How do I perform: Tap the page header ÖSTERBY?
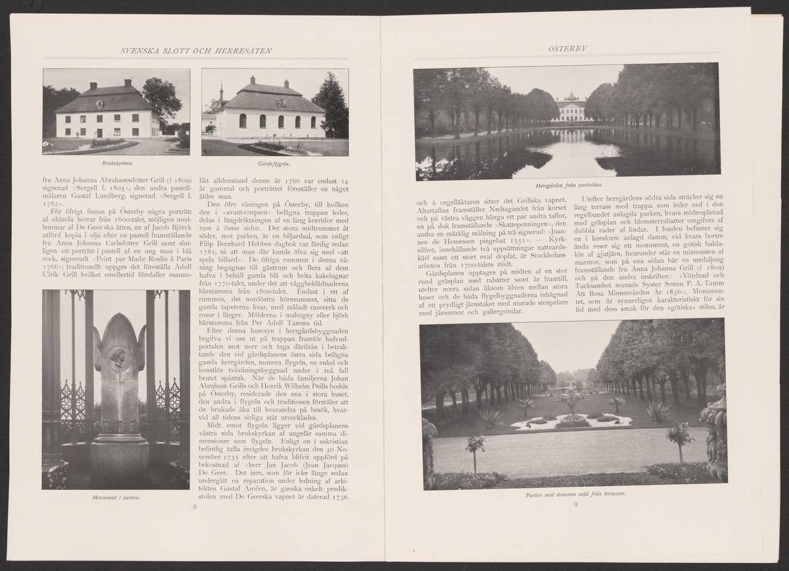click(567, 48)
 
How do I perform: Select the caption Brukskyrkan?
click(116, 162)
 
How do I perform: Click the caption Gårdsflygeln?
click(275, 162)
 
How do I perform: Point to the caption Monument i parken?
click(116, 497)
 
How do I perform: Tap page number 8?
click(195, 507)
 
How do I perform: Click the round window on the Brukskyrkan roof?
click(99, 104)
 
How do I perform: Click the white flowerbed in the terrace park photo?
click(571, 422)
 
